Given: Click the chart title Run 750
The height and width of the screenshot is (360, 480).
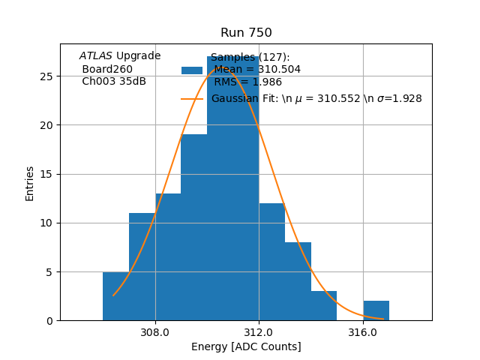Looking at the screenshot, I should (246, 33).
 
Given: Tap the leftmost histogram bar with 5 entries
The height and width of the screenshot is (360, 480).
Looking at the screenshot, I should (115, 297).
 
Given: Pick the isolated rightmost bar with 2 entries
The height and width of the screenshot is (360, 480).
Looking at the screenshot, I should (376, 311).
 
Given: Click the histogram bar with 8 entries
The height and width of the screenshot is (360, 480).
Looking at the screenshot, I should (298, 282).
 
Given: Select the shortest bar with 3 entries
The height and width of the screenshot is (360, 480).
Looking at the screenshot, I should (323, 306).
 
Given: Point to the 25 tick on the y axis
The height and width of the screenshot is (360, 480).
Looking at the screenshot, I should (46, 76).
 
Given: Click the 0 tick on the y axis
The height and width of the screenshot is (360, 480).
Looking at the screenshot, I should (49, 321).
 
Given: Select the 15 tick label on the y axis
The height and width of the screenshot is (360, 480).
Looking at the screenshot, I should (46, 174).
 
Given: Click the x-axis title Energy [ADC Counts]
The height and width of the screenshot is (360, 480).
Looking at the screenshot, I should (246, 346).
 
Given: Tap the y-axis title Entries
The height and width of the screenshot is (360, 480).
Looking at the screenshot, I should (30, 183).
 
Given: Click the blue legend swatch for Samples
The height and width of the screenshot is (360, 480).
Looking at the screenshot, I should (192, 70).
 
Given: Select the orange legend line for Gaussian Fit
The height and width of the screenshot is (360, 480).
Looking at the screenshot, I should (192, 99).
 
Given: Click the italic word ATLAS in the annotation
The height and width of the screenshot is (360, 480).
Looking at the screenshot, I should (96, 56).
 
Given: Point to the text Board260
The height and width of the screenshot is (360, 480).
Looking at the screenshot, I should (107, 69).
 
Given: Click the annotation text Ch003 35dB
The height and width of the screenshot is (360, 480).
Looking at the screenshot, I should (114, 82).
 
